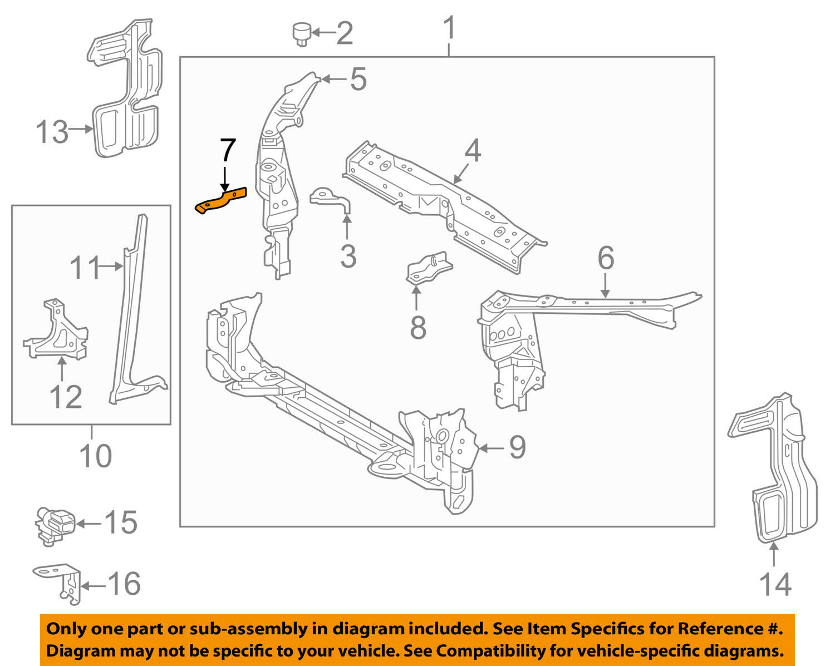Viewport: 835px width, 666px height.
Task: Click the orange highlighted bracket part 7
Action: pyautogui.click(x=220, y=201)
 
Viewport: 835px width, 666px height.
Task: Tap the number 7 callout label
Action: pyautogui.click(x=228, y=151)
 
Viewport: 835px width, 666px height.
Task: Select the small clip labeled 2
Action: pyautogui.click(x=301, y=33)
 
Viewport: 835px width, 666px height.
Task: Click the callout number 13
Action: pyautogui.click(x=52, y=132)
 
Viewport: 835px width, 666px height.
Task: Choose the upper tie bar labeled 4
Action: pyautogui.click(x=445, y=206)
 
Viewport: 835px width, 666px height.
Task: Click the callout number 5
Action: pyautogui.click(x=358, y=79)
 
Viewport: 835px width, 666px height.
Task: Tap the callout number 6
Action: pyautogui.click(x=606, y=258)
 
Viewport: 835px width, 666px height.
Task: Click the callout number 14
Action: pyautogui.click(x=775, y=584)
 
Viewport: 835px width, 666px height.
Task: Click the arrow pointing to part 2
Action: pyautogui.click(x=323, y=33)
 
